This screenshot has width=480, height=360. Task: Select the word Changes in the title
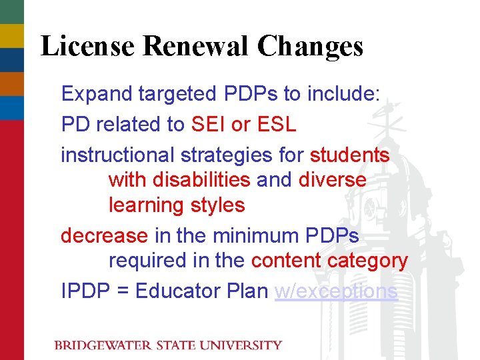[310, 47]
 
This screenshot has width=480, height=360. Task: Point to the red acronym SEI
[209, 125]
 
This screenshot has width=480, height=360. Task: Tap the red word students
[349, 155]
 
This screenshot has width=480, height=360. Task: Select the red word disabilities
[201, 180]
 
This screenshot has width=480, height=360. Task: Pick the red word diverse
[332, 180]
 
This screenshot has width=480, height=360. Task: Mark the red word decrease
[104, 236]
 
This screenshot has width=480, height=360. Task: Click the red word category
[367, 261]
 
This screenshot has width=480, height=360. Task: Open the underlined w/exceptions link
[336, 291]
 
